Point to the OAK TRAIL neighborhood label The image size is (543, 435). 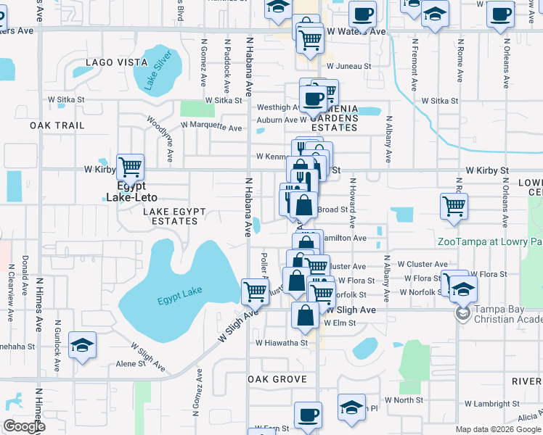[x=57, y=125]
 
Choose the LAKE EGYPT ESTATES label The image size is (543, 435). [x=175, y=216]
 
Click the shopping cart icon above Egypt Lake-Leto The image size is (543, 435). [x=130, y=167]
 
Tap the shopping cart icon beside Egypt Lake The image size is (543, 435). [x=255, y=292]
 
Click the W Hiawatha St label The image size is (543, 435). [x=281, y=343]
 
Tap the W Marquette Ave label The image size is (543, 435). [x=211, y=126]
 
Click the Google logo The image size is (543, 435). [x=24, y=426]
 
